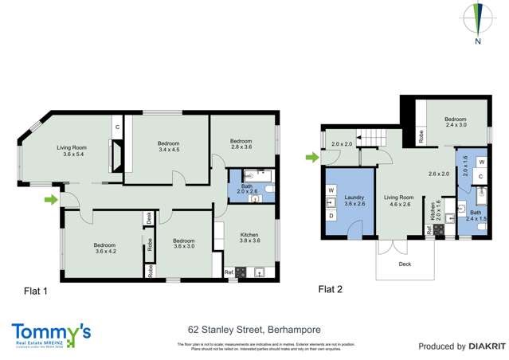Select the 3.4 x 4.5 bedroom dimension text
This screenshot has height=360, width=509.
coord(170,150)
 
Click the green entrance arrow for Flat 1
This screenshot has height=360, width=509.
coord(50,199)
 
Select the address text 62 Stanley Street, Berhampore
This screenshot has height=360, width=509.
coord(254,327)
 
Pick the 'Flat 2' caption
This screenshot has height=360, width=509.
coord(331,288)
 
